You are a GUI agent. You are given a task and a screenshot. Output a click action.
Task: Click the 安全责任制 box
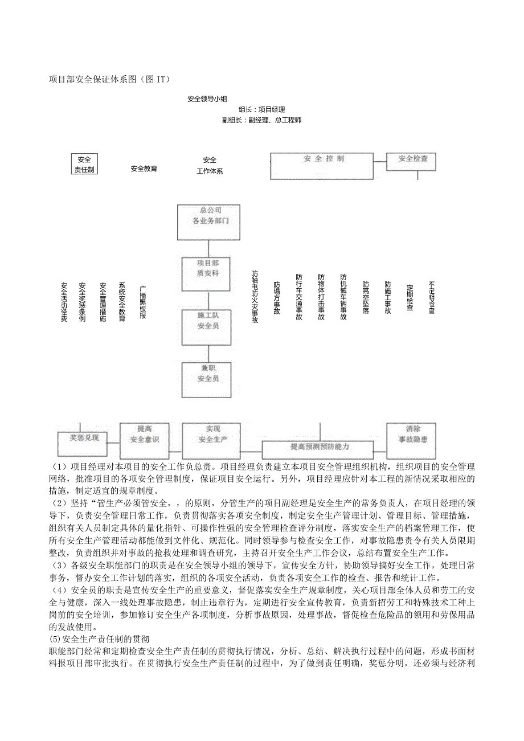coord(84,164)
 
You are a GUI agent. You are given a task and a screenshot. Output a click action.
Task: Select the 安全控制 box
coord(322,166)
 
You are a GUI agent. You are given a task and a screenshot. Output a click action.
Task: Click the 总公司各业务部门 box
coord(208,222)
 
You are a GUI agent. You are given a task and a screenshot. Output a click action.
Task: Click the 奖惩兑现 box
coord(84,439)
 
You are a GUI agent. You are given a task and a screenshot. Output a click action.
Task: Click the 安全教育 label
coord(144,169)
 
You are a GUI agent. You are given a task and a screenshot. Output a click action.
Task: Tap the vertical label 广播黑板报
coord(143,302)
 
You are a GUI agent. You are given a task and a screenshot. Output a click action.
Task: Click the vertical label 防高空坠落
coord(366,298)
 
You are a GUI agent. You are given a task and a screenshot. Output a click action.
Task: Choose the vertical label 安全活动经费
coord(64,302)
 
